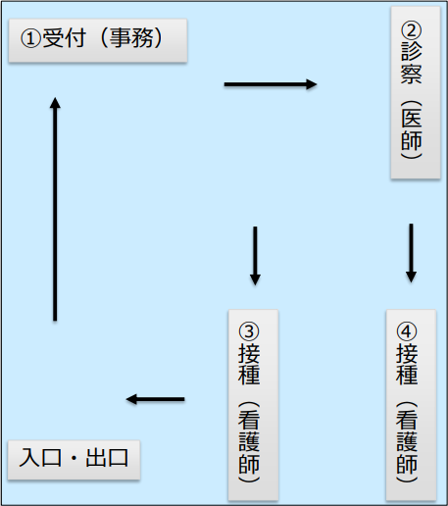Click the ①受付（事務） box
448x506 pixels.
click(98, 40)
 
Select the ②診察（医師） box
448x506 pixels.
click(416, 92)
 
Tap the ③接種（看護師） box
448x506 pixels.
click(253, 405)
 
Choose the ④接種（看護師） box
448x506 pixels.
click(411, 405)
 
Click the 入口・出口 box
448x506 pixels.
click(74, 460)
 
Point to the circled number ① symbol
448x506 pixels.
click(30, 38)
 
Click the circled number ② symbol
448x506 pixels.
click(412, 30)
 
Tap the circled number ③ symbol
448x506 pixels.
click(249, 331)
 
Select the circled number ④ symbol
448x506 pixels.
click(407, 331)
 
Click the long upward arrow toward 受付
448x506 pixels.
click(55, 209)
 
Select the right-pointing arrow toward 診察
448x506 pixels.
click(271, 84)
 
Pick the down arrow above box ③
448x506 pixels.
click(255, 256)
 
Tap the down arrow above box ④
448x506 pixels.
click(411, 253)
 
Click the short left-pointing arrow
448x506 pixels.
click(156, 399)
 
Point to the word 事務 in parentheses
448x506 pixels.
click(131, 38)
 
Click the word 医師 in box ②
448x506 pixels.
click(412, 129)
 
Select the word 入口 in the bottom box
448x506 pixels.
click(40, 458)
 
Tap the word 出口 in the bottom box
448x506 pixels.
click(107, 458)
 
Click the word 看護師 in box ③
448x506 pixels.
click(249, 442)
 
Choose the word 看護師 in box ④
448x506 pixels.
click(407, 442)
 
